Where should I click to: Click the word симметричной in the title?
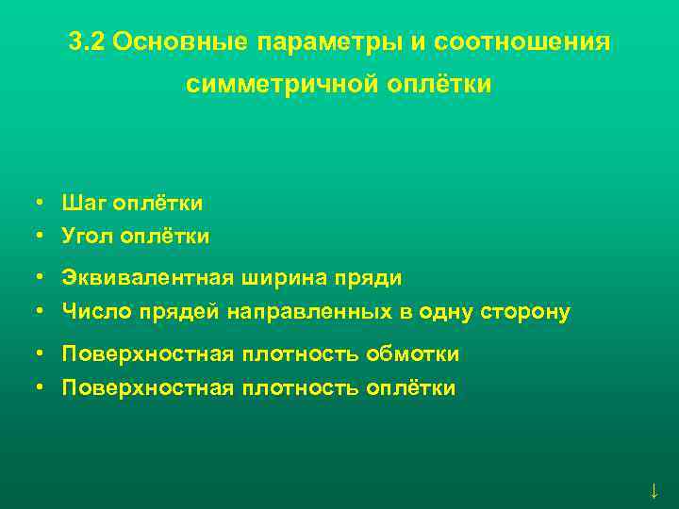click(278, 85)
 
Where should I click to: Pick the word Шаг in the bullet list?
click(83, 203)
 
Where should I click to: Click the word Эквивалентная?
click(141, 278)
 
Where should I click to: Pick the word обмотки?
click(415, 354)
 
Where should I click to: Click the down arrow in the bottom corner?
click(653, 490)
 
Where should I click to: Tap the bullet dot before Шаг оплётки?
click(41, 203)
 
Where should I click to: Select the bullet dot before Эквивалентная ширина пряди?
click(41, 278)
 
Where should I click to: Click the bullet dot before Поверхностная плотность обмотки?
click(41, 354)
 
